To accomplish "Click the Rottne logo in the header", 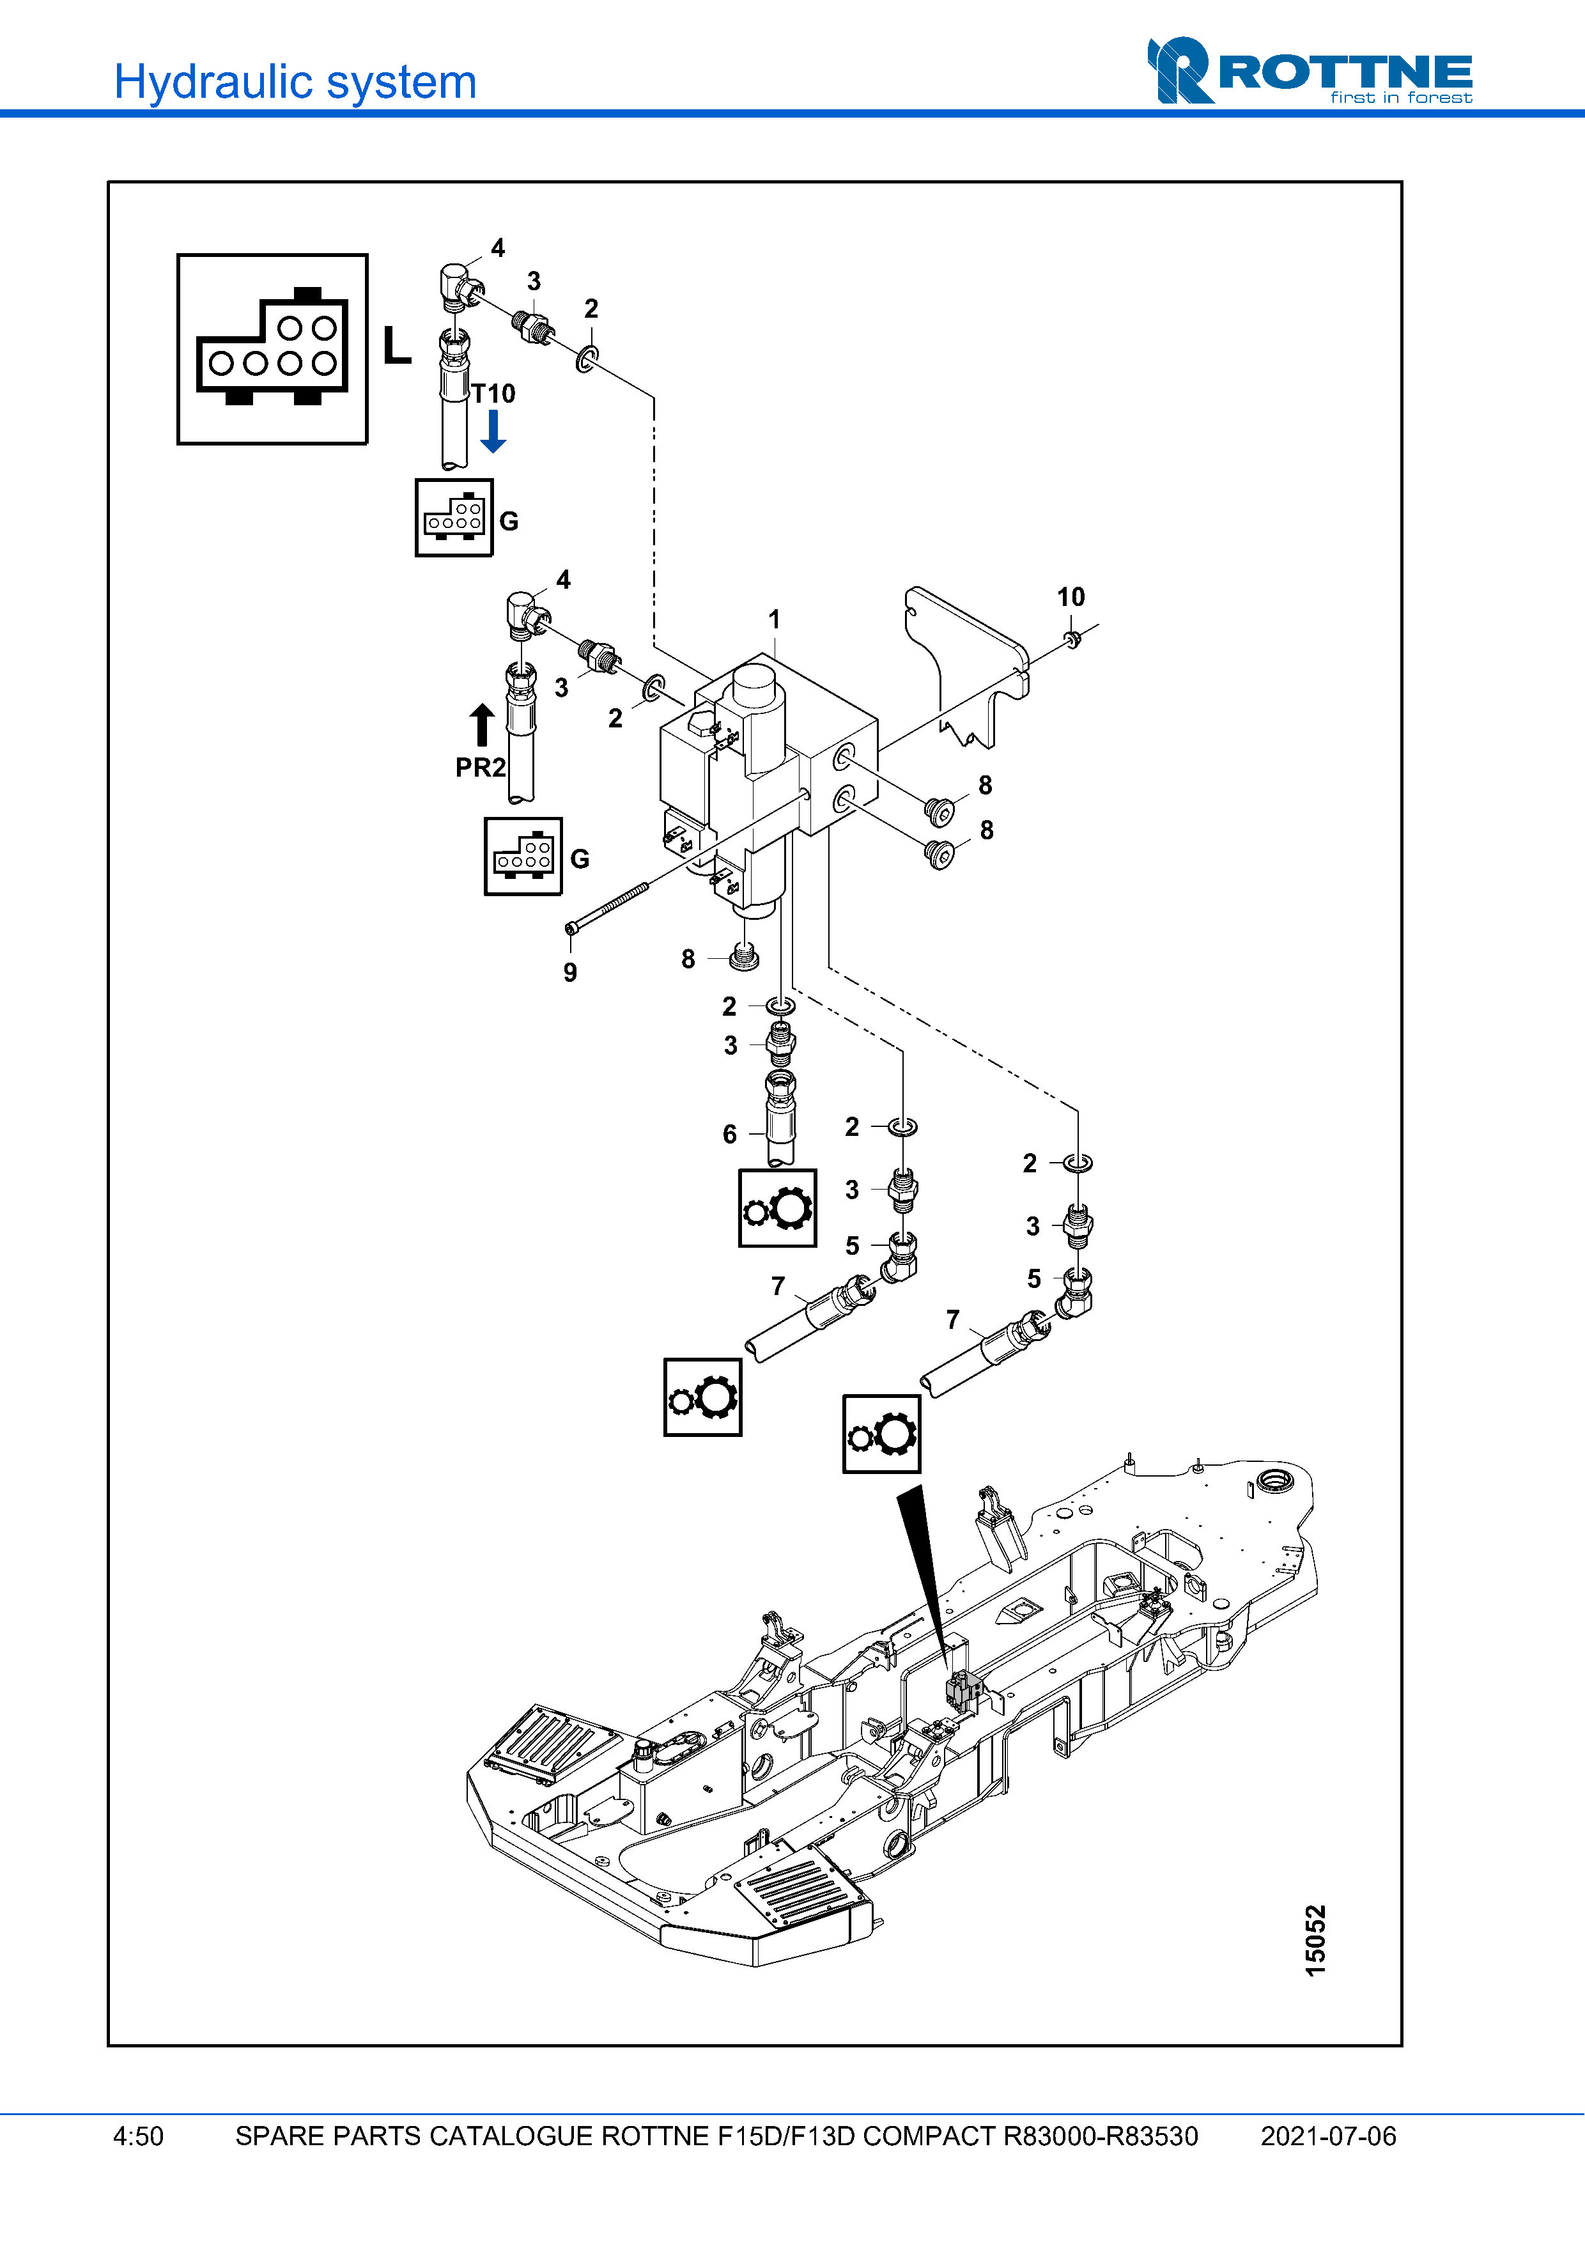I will [x=1309, y=72].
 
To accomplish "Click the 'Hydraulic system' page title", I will [x=295, y=82].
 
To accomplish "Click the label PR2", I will [x=481, y=768].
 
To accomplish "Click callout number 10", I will [x=1071, y=597].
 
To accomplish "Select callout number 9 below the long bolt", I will [x=570, y=972].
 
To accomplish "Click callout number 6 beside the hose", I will [x=729, y=1134].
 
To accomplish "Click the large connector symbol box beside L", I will [x=272, y=350].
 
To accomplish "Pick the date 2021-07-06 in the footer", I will [x=1328, y=2136].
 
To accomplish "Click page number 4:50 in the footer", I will [x=139, y=2136].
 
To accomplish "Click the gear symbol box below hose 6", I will [x=777, y=1209].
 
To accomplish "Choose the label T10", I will [x=494, y=394].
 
